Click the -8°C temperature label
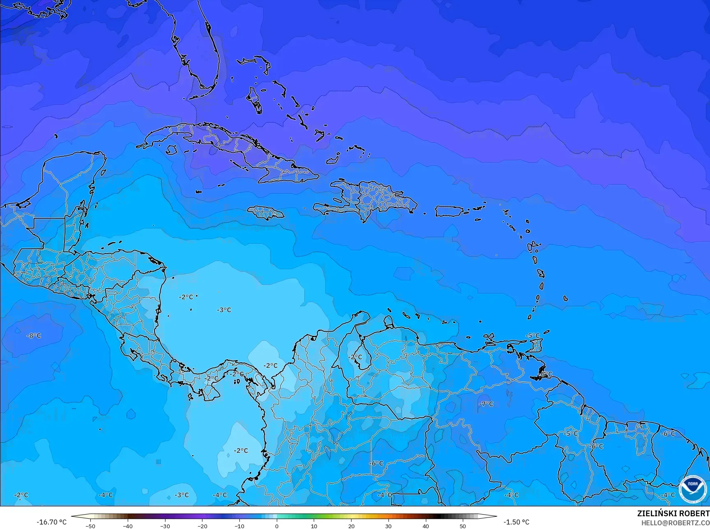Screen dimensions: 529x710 tap(34, 336)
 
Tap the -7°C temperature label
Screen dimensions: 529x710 tap(486, 404)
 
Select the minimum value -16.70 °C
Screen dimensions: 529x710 tap(51, 522)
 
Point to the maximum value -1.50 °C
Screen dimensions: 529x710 tap(516, 522)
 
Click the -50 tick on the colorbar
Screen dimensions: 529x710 tap(91, 526)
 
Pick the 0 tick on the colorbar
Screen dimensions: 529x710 tap(277, 526)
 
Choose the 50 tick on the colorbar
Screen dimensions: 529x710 tap(463, 526)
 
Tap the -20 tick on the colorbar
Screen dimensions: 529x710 tap(202, 526)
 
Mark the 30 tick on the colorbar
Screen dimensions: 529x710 tap(388, 526)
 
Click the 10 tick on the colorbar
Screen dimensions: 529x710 tap(314, 526)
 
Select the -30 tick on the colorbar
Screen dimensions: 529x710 tap(165, 526)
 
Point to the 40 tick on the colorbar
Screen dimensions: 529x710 tap(426, 526)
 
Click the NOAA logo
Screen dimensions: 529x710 tap(692, 489)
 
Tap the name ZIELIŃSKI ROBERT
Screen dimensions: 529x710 tap(673, 513)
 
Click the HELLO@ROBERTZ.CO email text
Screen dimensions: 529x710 tap(676, 522)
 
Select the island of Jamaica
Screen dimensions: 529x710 tap(266, 213)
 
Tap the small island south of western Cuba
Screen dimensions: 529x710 tap(171, 150)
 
